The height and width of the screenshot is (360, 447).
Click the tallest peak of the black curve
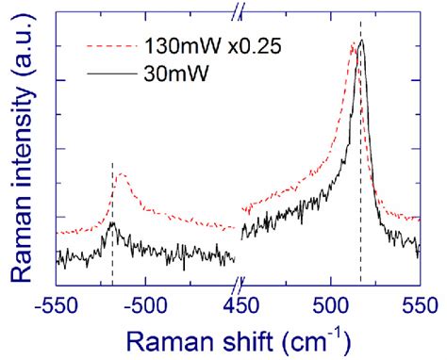(x=361, y=41)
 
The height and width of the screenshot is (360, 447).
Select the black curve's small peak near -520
(x=112, y=223)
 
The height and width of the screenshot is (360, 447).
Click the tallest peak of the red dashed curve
(x=354, y=43)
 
